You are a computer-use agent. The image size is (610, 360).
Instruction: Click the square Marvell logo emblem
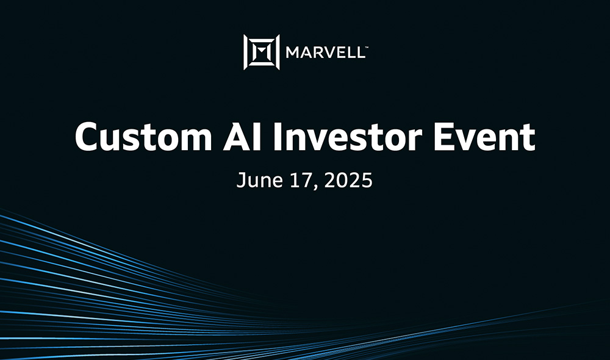pos(262,52)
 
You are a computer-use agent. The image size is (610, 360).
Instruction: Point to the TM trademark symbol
pos(364,46)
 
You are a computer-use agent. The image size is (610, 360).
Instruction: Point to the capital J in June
pos(240,181)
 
